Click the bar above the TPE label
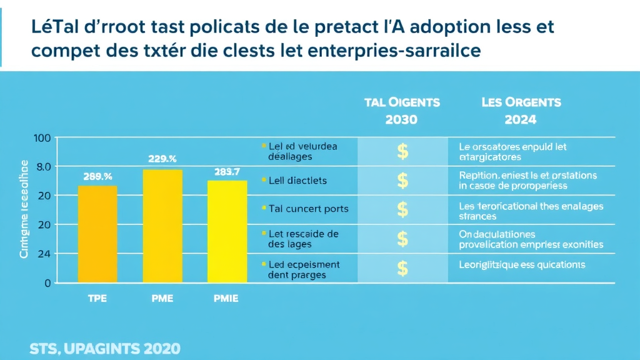[x=97, y=234]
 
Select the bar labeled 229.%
[x=162, y=226]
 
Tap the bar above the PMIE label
[x=227, y=231]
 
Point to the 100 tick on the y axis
[x=41, y=138]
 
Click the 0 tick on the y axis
[x=46, y=282]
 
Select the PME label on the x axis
[x=162, y=299]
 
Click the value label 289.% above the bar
[x=97, y=176]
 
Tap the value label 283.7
[x=227, y=171]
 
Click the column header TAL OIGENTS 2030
[x=402, y=110]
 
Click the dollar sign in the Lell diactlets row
[x=402, y=181]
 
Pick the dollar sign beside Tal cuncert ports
[x=402, y=209]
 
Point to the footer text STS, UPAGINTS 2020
[x=105, y=348]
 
